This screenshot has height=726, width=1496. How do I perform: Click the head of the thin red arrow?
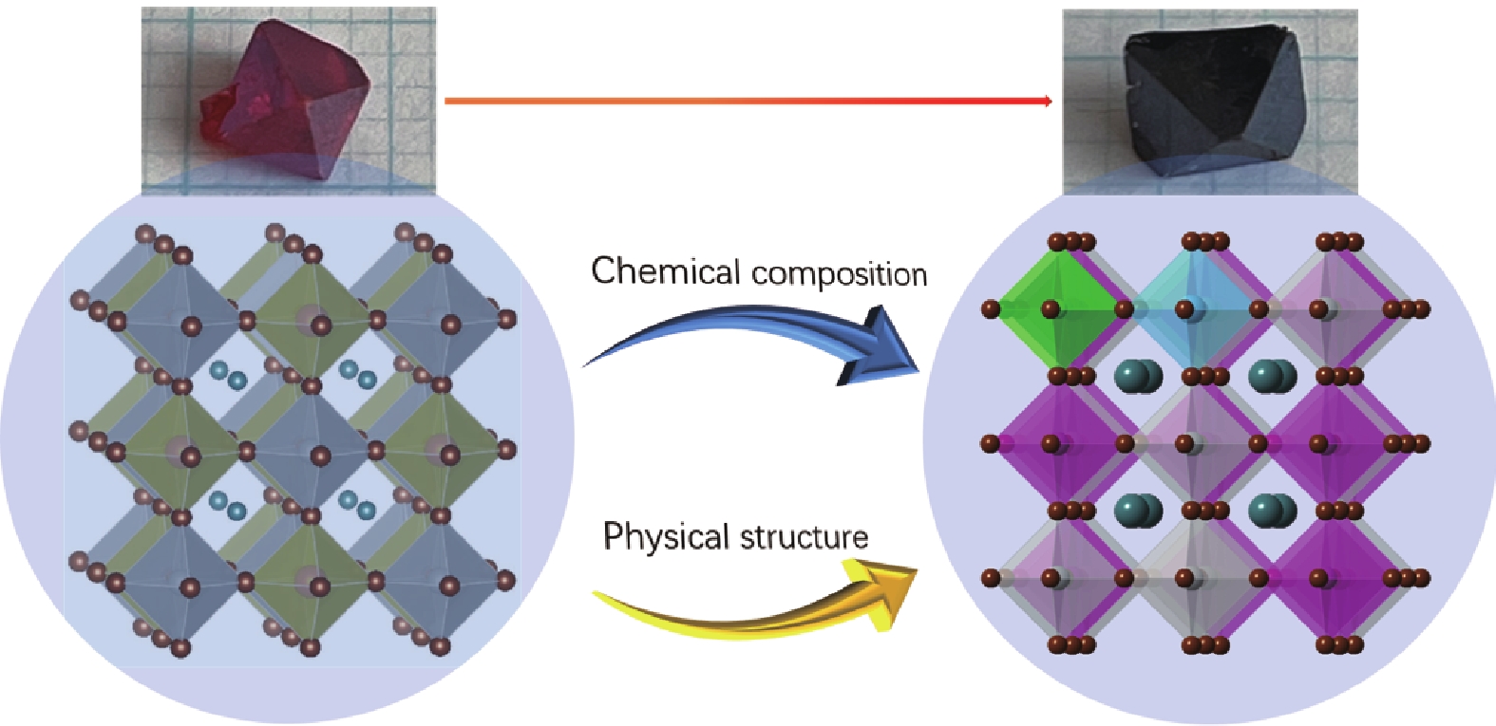(1047, 102)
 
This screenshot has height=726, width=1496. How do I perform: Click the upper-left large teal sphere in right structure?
(1137, 375)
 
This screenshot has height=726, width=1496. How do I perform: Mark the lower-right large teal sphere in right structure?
(1271, 510)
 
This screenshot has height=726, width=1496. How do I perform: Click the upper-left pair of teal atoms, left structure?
(227, 375)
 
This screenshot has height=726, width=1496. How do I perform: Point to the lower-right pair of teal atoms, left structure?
(357, 504)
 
